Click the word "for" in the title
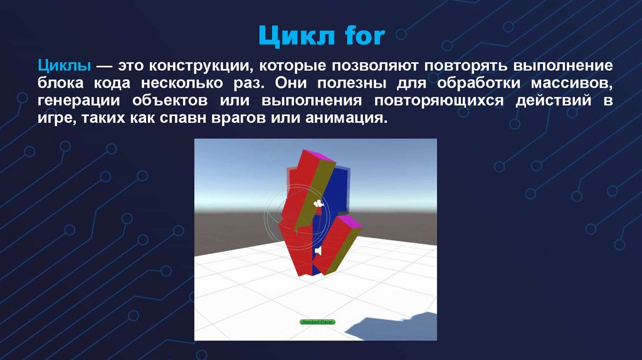[363, 36]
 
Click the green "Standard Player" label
[318, 321]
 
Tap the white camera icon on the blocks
[318, 204]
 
